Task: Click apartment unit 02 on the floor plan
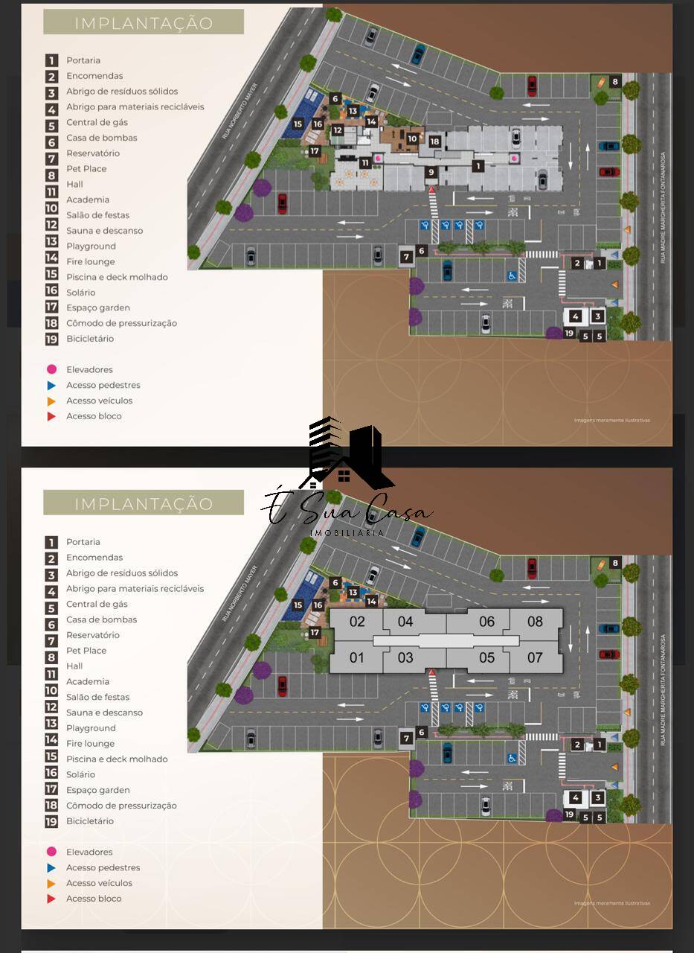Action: click(357, 622)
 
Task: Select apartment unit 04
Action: click(405, 622)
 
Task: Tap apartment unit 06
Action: click(486, 622)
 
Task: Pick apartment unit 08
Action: click(535, 622)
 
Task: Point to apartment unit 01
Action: click(357, 657)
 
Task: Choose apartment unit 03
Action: click(405, 657)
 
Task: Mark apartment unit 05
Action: click(486, 657)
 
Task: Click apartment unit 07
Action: click(535, 657)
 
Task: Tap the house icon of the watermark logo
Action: click(344, 474)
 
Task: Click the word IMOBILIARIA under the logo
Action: click(347, 533)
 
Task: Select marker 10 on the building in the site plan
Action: click(412, 138)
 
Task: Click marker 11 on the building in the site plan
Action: click(364, 162)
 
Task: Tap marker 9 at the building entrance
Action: click(431, 173)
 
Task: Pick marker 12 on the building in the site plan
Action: click(338, 130)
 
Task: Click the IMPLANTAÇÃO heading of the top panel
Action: click(144, 23)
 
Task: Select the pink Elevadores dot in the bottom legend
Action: click(51, 852)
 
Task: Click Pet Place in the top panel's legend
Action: click(86, 169)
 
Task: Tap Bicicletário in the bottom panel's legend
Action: click(90, 821)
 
